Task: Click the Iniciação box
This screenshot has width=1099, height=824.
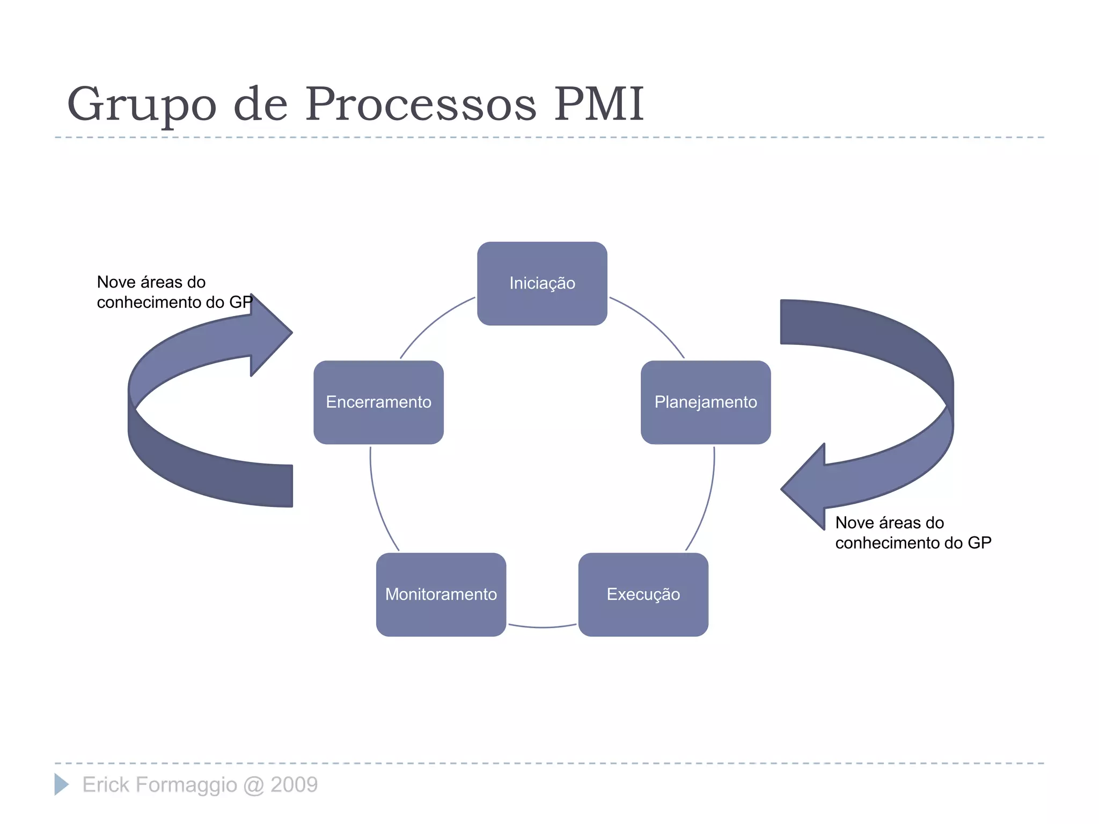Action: [542, 283]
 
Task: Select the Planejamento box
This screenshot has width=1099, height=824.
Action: [706, 402]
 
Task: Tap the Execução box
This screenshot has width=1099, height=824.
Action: [643, 594]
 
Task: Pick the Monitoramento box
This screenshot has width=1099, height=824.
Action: [441, 594]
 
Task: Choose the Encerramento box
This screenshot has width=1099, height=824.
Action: [378, 402]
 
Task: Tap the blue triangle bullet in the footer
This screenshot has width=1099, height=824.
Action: [61, 784]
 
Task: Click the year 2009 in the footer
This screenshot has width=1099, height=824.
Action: [294, 785]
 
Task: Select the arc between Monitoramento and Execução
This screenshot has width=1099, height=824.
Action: [542, 627]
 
